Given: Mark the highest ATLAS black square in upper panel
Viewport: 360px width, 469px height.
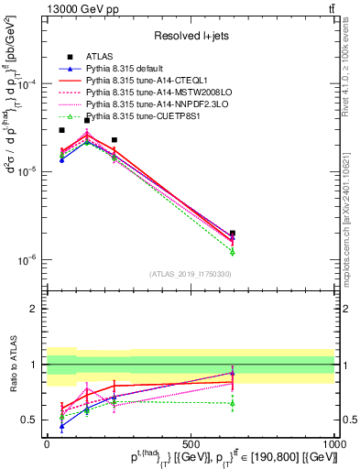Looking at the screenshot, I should pyautogui.click(x=87, y=120).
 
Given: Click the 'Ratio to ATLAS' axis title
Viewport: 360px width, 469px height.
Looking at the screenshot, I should pyautogui.click(x=11, y=365).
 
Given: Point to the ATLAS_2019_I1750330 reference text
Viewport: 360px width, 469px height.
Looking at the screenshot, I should pyautogui.click(x=191, y=274).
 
